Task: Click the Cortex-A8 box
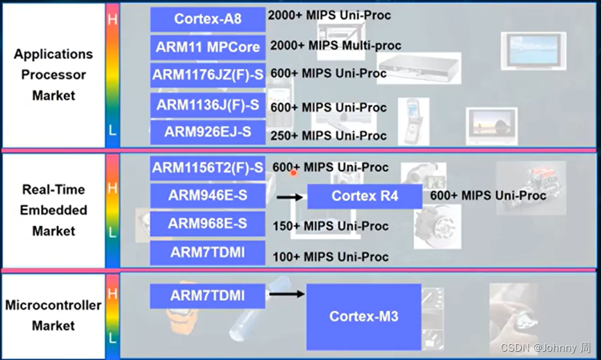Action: [x=208, y=19]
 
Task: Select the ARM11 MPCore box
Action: [x=208, y=47]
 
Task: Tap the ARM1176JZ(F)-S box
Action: [x=208, y=75]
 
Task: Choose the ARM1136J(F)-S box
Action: [x=208, y=106]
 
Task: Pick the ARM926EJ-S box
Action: [x=208, y=131]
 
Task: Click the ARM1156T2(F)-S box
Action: [x=208, y=167]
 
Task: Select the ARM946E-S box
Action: [x=208, y=196]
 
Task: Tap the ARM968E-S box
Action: [x=208, y=224]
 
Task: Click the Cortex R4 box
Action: [x=364, y=196]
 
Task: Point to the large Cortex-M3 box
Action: [x=363, y=316]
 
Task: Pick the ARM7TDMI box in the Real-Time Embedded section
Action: [x=208, y=252]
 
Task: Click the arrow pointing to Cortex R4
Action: [x=290, y=197]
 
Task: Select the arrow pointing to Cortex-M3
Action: [x=286, y=293]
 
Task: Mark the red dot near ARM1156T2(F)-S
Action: [x=294, y=172]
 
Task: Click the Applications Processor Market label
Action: [x=53, y=74]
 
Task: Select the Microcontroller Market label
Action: [x=53, y=315]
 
